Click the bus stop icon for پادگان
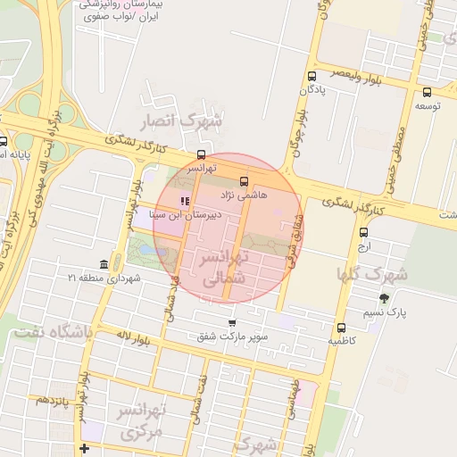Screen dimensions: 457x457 click(x=312, y=76)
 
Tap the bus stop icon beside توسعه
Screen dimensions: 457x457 click(x=427, y=92)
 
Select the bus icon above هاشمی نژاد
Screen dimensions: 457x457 click(x=245, y=181)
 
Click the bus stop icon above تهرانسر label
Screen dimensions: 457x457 click(x=200, y=154)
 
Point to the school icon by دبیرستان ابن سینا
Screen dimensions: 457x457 click(x=185, y=201)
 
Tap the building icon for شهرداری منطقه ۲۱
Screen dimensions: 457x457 click(x=104, y=265)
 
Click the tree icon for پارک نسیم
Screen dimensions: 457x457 click(x=385, y=298)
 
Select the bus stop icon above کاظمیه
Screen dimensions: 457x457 click(x=341, y=328)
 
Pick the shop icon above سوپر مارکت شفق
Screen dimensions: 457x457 click(x=232, y=323)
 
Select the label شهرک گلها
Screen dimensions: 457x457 click(x=372, y=274)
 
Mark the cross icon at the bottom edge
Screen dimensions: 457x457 click(x=84, y=448)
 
